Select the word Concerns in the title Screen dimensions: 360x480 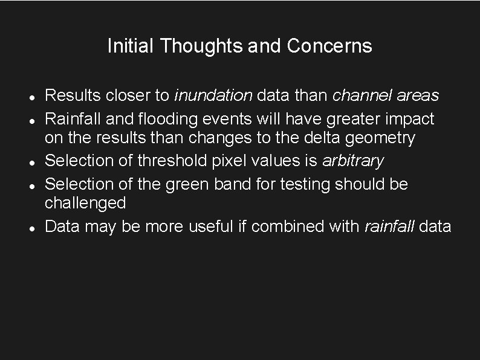tap(329, 46)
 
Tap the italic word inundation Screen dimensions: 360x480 tap(213, 95)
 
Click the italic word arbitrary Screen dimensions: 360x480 tap(353, 161)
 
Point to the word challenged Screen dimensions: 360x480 tap(85, 204)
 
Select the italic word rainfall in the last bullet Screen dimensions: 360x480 tap(389, 226)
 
